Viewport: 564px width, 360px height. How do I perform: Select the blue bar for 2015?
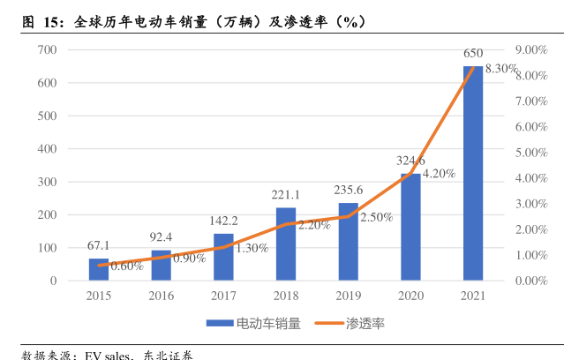tap(98, 269)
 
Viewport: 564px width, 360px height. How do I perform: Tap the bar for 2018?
tap(286, 244)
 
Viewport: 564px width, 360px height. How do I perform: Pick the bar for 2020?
tap(410, 227)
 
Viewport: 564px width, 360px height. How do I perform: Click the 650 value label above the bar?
tap(473, 54)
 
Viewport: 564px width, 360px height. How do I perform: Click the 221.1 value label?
tap(286, 195)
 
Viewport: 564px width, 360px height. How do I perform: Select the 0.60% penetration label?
tap(127, 266)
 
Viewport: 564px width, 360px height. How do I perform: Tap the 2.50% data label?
tap(376, 217)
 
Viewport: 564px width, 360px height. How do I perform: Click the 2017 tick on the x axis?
tap(223, 296)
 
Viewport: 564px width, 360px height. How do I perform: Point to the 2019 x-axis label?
tap(349, 296)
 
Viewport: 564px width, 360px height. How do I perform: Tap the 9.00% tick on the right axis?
tap(531, 50)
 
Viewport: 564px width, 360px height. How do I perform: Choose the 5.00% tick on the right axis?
tap(531, 153)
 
